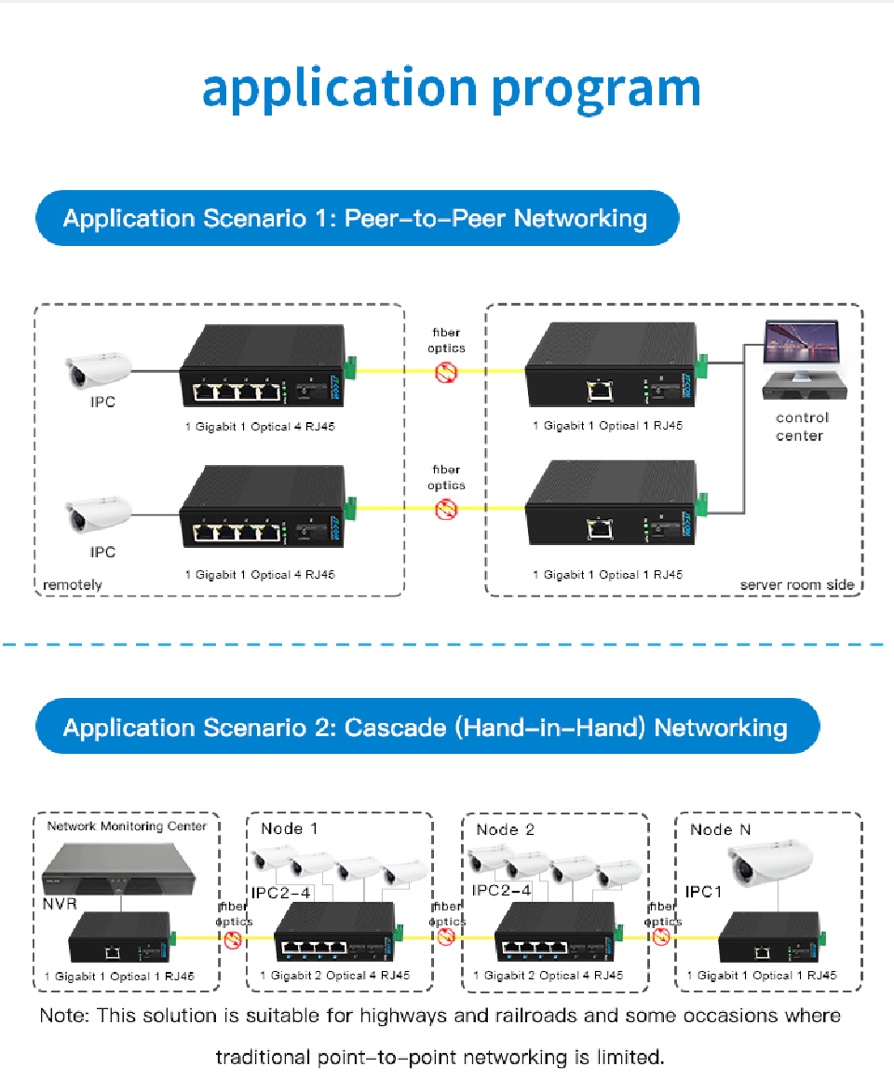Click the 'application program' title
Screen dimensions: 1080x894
pos(451,89)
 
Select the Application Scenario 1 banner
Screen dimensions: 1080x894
pos(356,219)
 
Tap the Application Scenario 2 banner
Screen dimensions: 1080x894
pos(426,727)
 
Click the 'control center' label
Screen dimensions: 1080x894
pos(801,427)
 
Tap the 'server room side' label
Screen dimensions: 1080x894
pos(796,585)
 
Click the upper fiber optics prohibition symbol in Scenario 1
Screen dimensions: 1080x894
pos(447,372)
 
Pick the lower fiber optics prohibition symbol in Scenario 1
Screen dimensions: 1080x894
pos(447,510)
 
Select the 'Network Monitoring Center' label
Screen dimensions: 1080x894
pos(127,826)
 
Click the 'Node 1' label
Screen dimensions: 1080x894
pos(289,828)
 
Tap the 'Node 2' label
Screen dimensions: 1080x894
pos(505,828)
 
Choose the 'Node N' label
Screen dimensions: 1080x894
pos(720,828)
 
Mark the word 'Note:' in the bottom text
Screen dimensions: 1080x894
pos(64,1016)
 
